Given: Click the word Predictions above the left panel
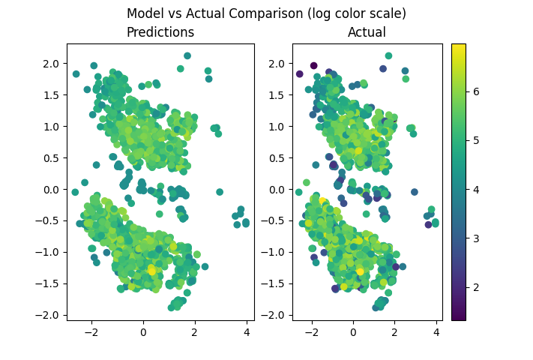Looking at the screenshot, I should (160, 32).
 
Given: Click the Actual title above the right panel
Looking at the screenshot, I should (367, 32).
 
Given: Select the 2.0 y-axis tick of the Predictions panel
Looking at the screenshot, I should (50, 63).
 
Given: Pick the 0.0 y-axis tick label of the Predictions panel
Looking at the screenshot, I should (50, 189).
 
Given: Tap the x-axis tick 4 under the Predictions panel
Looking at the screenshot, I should (247, 331).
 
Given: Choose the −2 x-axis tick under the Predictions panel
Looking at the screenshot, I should (91, 331).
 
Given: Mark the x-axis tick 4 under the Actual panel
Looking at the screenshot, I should (436, 331).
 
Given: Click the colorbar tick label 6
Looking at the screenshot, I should (475, 91).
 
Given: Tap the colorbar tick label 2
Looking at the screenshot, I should (475, 287).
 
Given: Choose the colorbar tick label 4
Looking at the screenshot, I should (475, 190).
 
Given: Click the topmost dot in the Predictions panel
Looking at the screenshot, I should (187, 55).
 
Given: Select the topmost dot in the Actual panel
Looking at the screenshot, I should (388, 55).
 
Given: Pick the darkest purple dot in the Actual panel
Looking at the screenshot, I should (313, 66).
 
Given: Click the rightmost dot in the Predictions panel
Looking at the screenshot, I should (247, 223).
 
